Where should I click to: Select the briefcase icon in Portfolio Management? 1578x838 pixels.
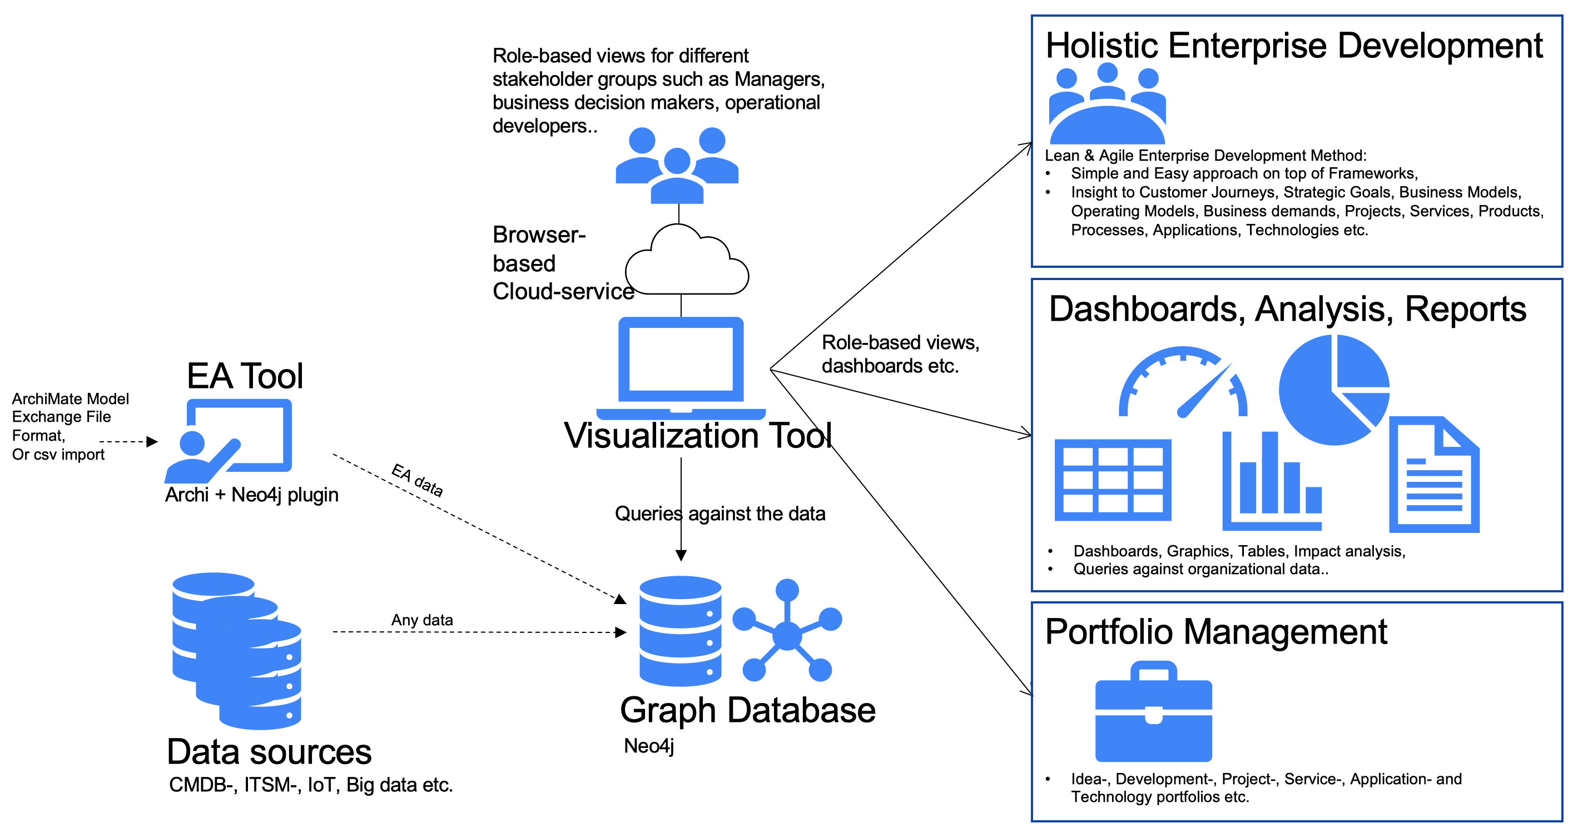(x=1153, y=712)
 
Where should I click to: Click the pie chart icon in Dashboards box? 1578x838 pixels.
(x=1333, y=390)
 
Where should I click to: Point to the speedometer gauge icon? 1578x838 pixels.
(x=1182, y=384)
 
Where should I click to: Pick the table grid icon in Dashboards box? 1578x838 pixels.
(x=1113, y=480)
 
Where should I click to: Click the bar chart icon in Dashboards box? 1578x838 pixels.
(x=1272, y=482)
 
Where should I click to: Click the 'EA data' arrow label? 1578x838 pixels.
(x=417, y=480)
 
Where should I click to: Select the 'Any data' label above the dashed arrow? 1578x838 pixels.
(x=422, y=620)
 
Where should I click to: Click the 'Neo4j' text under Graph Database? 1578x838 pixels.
(x=649, y=746)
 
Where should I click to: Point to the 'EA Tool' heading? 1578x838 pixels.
(x=245, y=376)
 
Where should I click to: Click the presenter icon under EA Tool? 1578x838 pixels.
(x=228, y=441)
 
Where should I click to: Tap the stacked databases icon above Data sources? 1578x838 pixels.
(x=236, y=651)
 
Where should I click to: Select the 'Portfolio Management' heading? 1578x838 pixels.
(x=1215, y=632)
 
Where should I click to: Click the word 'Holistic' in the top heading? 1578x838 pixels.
(x=1102, y=46)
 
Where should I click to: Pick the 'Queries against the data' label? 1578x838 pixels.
(x=720, y=513)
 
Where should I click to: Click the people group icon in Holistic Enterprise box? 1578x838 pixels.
(x=1107, y=104)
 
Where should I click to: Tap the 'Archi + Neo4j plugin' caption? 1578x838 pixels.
(x=251, y=495)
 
